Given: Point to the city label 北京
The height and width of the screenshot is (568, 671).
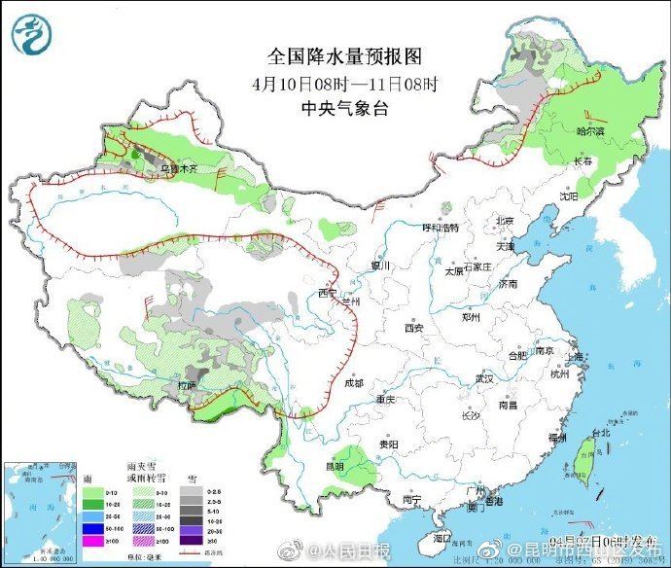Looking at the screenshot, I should click(x=504, y=221).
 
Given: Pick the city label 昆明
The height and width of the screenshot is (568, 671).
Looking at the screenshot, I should click(x=334, y=466).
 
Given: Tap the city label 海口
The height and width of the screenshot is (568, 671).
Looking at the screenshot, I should click(x=442, y=537).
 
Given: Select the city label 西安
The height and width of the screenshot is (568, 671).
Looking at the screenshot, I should click(x=414, y=329).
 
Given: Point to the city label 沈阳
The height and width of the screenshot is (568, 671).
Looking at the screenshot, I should click(x=568, y=195).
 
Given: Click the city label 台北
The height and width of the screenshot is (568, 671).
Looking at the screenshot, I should click(x=599, y=433).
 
